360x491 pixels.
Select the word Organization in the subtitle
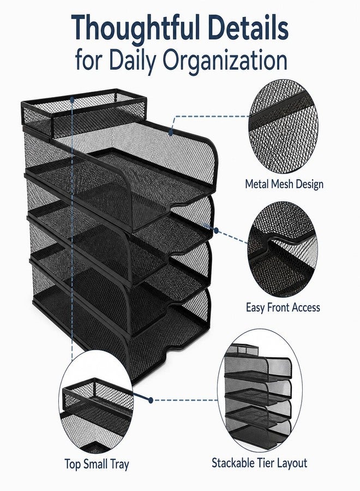(x=224, y=61)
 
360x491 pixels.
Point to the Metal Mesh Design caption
(x=284, y=184)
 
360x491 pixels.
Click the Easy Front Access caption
(x=283, y=308)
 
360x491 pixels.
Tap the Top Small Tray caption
(x=97, y=464)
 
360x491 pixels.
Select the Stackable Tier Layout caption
(x=259, y=463)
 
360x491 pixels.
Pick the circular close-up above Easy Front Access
(x=282, y=249)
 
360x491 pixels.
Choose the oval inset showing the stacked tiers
(x=260, y=390)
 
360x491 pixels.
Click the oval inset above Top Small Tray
(x=96, y=403)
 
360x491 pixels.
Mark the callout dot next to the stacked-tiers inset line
(x=151, y=400)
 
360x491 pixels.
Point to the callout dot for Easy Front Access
(x=216, y=230)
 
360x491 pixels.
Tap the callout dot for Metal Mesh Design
(x=171, y=133)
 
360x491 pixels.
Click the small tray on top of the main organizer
(x=84, y=113)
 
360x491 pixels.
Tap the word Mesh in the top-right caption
(x=280, y=183)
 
